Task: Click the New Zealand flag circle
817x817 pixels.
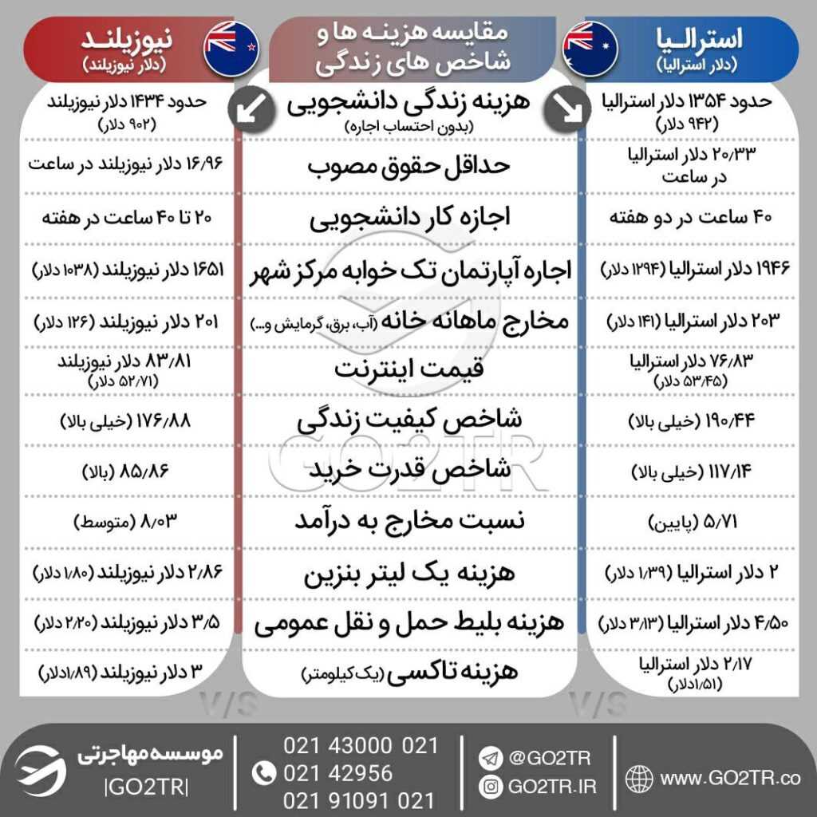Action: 231,48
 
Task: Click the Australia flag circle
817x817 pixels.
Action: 590,48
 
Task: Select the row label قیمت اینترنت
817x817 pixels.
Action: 408,369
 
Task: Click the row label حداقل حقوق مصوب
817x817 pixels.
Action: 408,167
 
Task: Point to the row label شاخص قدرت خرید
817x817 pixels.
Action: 408,472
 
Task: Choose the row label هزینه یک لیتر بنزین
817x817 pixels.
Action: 408,573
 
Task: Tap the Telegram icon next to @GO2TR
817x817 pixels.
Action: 490,754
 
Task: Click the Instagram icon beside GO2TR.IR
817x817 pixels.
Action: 490,787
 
